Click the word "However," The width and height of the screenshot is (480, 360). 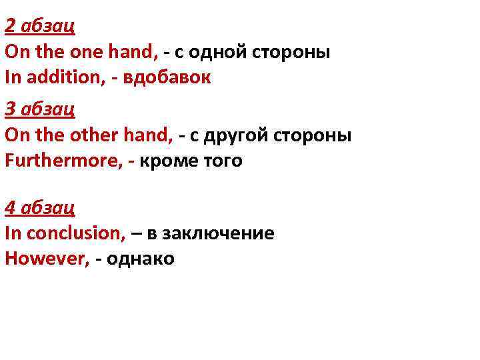click(x=47, y=259)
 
